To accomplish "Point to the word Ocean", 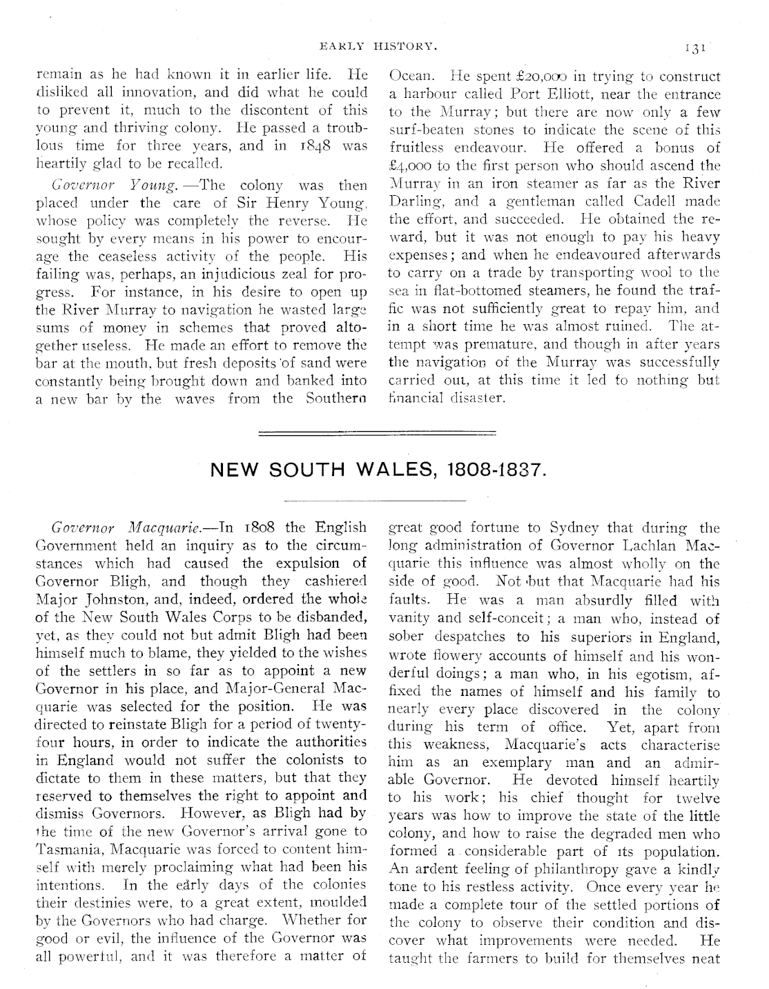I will click(412, 77).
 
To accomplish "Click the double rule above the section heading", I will click(377, 433).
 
